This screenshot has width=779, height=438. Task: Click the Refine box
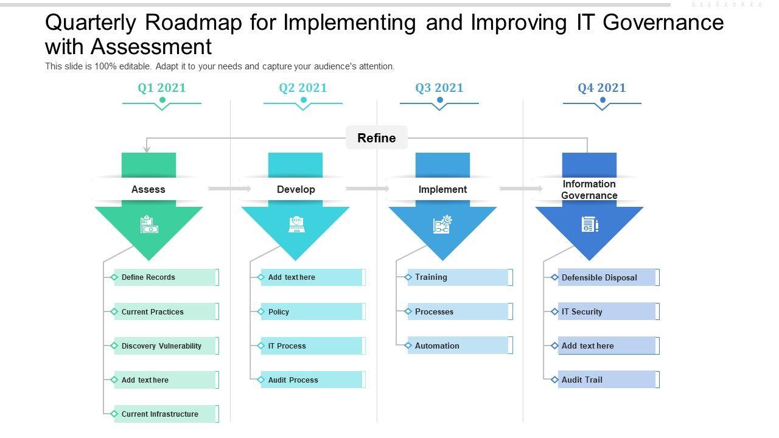[x=377, y=137]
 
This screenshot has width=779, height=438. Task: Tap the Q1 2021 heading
[x=162, y=88]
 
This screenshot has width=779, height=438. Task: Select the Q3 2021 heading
[x=439, y=88]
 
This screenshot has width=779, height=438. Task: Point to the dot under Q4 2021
[x=603, y=100]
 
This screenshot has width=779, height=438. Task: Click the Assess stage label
[x=148, y=189]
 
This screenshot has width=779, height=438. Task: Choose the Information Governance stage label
[x=589, y=189]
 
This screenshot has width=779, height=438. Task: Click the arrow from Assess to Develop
[x=229, y=189]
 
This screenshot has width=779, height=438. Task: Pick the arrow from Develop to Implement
[x=367, y=189]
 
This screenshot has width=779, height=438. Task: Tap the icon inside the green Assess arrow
[x=149, y=224]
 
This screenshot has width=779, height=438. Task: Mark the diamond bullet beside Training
[x=408, y=277]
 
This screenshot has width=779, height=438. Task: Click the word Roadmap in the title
[x=194, y=23]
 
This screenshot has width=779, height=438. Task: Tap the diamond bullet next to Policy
[x=261, y=311]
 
